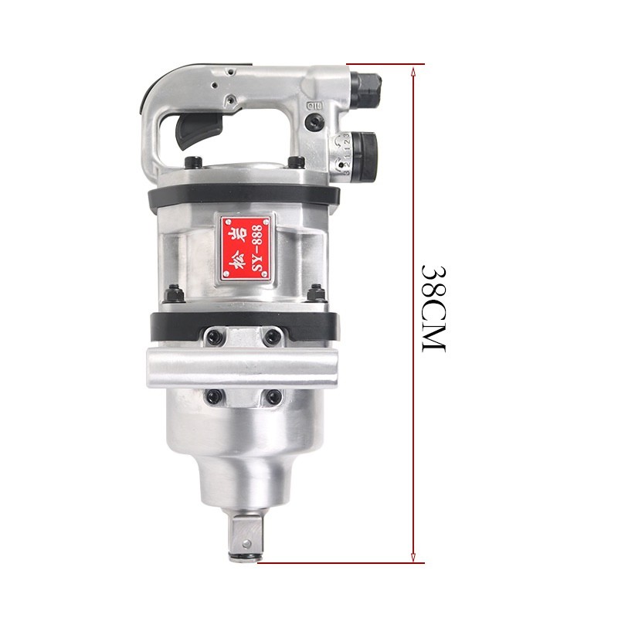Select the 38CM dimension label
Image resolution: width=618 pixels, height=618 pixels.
click(x=433, y=309)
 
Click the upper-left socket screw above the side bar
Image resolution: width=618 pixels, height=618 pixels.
click(x=214, y=337)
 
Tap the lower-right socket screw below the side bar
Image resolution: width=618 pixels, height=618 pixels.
click(x=273, y=396)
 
